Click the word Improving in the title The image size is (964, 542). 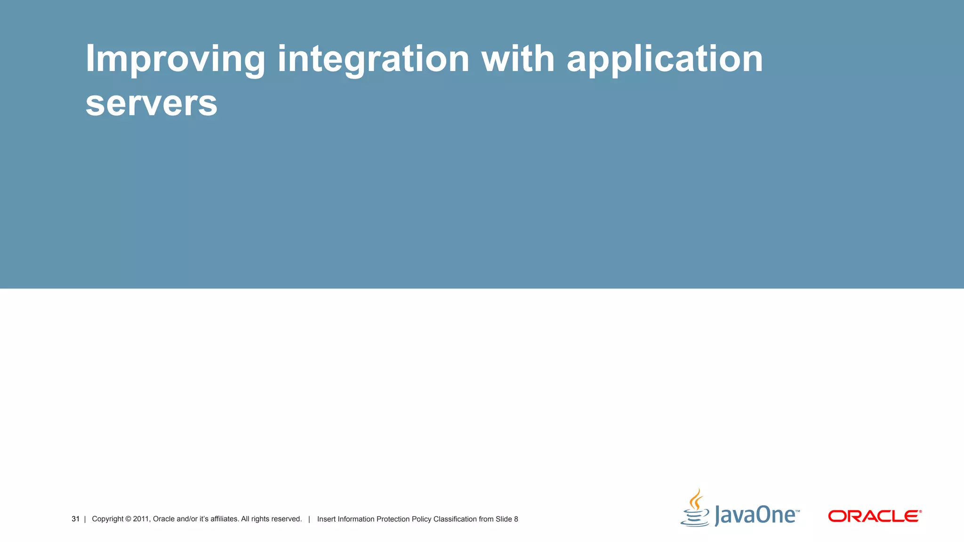(175, 59)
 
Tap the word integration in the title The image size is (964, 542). (373, 59)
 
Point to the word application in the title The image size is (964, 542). (665, 59)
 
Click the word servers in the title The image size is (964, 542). (151, 104)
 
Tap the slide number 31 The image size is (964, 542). (75, 519)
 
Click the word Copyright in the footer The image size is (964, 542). (107, 519)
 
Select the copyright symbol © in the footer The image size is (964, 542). (128, 519)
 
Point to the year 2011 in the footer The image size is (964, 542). (141, 519)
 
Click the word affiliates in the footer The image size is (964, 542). (224, 519)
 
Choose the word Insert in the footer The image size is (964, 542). (326, 519)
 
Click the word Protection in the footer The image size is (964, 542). (393, 519)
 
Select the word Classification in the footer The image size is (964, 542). (455, 519)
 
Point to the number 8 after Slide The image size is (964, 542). (516, 519)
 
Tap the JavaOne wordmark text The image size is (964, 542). (756, 515)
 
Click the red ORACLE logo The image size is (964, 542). (875, 516)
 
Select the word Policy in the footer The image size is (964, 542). (421, 519)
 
